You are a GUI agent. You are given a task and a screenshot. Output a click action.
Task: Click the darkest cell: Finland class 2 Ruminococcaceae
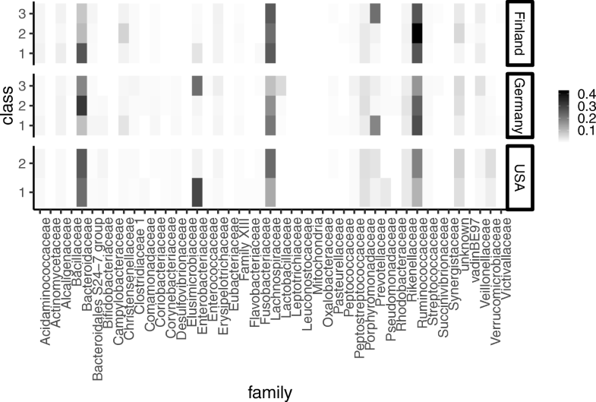point(417,33)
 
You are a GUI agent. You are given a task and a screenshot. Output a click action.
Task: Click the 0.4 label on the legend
point(578,93)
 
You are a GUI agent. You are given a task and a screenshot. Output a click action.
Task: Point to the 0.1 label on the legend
point(578,131)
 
